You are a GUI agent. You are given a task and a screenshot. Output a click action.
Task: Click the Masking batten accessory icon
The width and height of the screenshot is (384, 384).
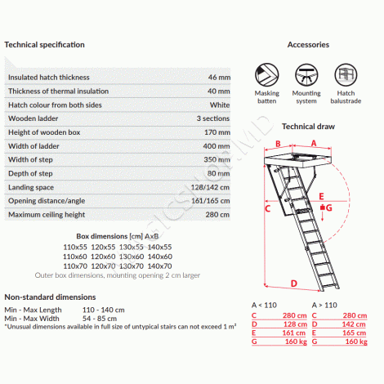click(x=267, y=74)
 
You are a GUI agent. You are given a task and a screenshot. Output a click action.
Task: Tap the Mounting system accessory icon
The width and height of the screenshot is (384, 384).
click(x=306, y=74)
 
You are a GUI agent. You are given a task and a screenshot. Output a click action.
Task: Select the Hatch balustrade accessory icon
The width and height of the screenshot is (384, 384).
click(x=346, y=74)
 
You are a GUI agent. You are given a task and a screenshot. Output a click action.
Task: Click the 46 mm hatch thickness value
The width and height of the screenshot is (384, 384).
click(x=219, y=78)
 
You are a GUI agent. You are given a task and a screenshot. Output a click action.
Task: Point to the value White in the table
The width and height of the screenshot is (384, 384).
click(x=220, y=105)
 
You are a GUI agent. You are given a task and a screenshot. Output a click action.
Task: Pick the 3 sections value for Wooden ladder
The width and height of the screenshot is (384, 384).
click(x=213, y=118)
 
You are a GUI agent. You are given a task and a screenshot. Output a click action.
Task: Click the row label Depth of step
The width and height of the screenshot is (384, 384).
click(x=30, y=173)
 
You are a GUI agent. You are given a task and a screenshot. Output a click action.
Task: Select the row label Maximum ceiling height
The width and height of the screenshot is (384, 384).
click(x=47, y=215)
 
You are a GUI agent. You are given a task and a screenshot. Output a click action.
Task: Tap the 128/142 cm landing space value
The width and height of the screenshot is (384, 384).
click(x=210, y=187)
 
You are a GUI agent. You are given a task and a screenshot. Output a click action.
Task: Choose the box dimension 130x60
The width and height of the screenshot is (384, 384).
click(x=132, y=257)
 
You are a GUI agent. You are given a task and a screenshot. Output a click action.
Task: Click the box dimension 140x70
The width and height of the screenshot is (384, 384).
click(x=160, y=266)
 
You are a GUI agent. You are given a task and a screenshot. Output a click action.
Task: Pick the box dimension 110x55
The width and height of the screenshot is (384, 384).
click(x=75, y=247)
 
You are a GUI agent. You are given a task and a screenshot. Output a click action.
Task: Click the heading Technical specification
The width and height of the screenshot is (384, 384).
click(x=44, y=45)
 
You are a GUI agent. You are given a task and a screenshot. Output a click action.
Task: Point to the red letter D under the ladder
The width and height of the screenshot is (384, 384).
click(x=294, y=284)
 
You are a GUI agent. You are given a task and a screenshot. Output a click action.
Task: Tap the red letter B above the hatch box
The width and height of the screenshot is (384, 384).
click(x=278, y=144)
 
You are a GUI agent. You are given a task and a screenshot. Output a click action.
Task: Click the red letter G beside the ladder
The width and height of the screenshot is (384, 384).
click(x=329, y=208)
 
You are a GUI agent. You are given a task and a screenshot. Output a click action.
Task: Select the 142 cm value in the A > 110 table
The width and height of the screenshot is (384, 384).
click(x=355, y=324)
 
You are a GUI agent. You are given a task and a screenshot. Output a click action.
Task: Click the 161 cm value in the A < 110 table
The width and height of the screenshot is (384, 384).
click(x=294, y=333)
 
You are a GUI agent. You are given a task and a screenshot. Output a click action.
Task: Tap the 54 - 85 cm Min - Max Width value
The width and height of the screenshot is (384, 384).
click(x=100, y=319)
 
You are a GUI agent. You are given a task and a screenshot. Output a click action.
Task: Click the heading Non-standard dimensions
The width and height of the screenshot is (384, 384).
click(x=50, y=297)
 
